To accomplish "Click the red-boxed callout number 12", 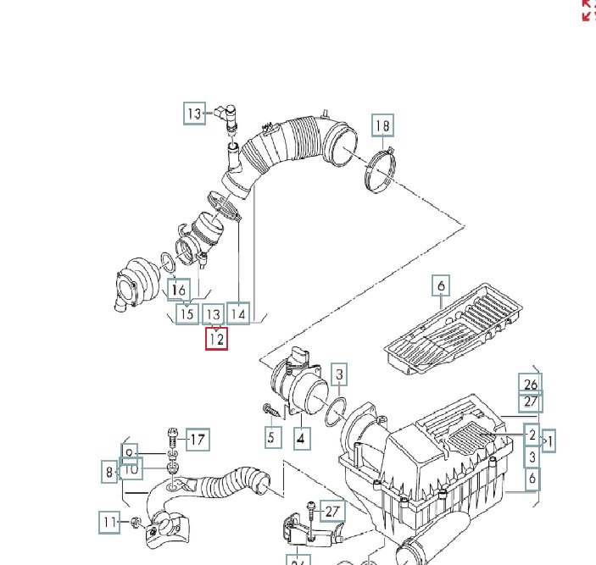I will pos(216,339).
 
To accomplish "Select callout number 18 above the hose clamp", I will pos(382,126).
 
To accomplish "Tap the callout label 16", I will pos(178,291).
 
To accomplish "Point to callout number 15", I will pos(186,314).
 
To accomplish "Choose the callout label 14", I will pos(239,314).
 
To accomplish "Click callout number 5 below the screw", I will pos(271,437).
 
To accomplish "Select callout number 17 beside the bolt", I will pos(196,440).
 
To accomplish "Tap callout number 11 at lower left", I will pos(109,523).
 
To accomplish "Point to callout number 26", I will pos(532,383).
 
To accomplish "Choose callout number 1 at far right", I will pos(550,440).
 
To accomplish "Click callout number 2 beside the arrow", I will pos(532,435).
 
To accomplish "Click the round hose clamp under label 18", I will pos(381,169).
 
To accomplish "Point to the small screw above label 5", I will pos(270,410).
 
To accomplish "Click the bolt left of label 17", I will pos(172,437).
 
